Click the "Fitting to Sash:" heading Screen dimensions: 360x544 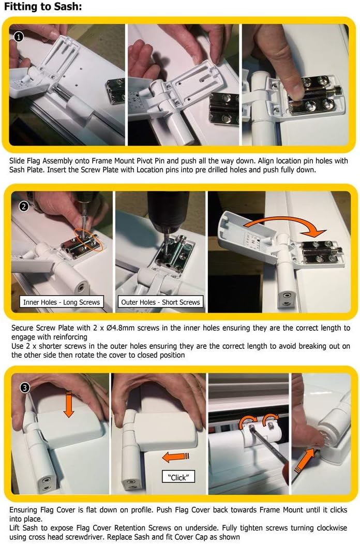[x=43, y=6]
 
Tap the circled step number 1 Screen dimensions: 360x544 [x=19, y=36]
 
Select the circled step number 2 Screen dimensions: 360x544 [x=24, y=207]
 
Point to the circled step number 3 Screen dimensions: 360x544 [x=25, y=388]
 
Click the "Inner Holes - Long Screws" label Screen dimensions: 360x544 [x=62, y=302]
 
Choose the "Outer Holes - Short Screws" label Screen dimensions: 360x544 [x=160, y=302]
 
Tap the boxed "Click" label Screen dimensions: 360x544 [x=178, y=477]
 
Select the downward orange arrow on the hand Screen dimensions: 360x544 [x=69, y=404]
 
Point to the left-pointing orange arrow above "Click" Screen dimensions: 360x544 [x=176, y=457]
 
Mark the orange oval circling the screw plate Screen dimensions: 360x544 [x=88, y=239]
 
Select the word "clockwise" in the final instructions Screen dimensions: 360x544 [x=331, y=527]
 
